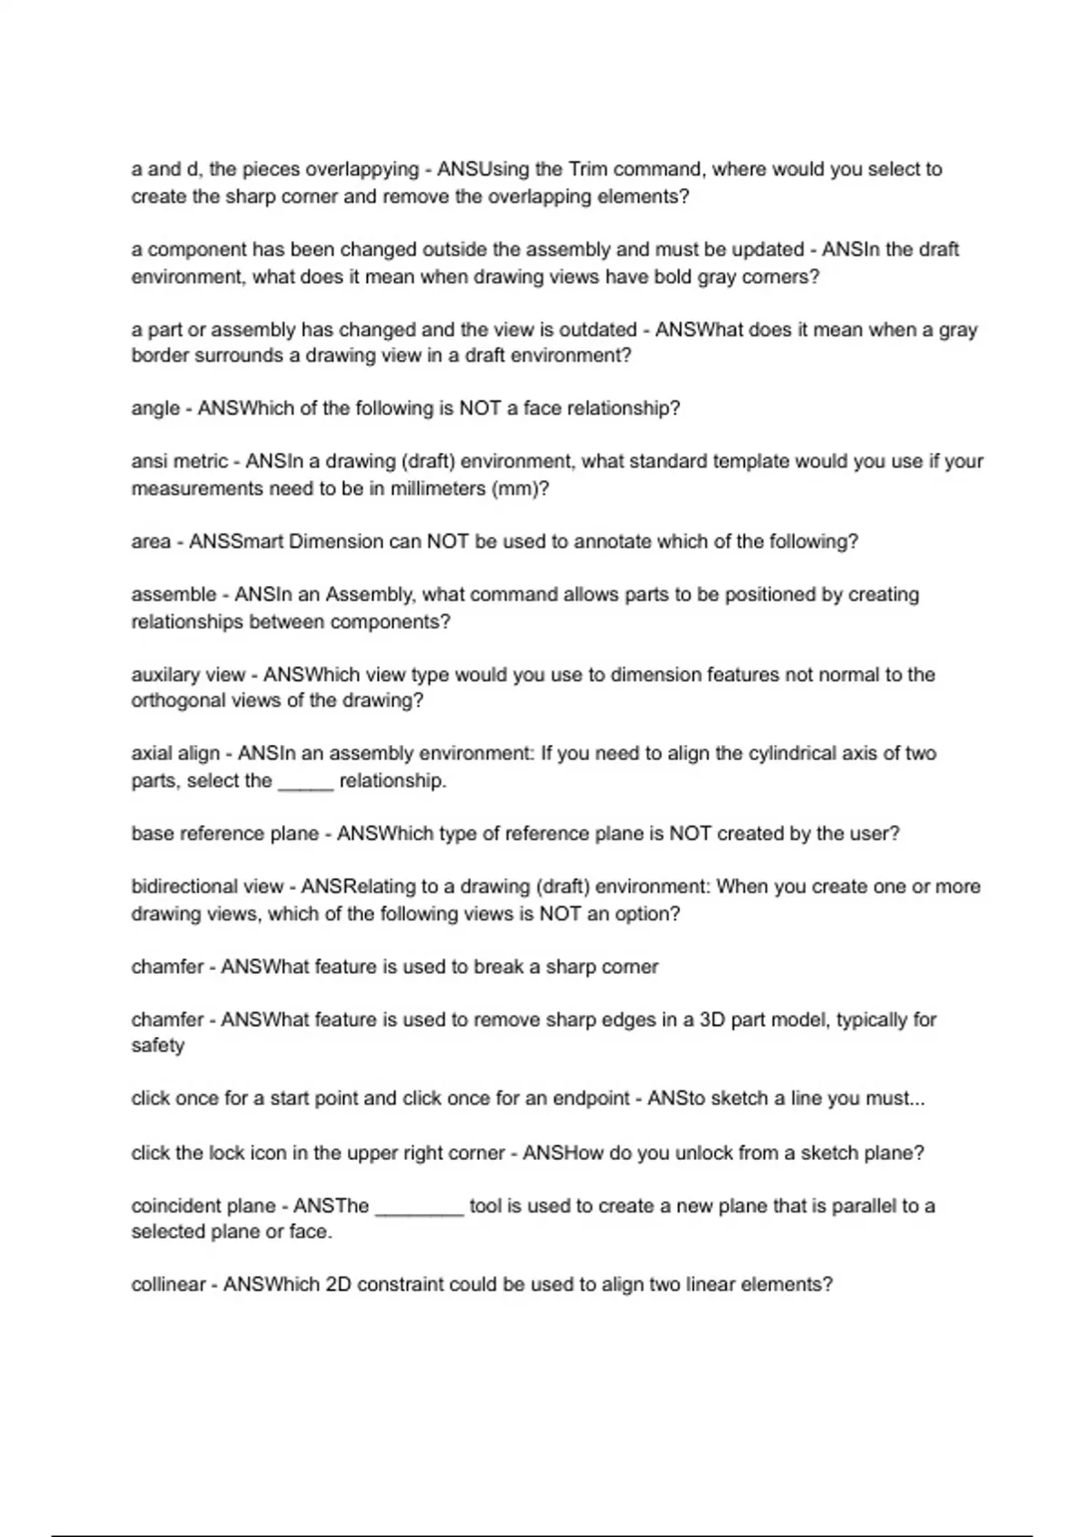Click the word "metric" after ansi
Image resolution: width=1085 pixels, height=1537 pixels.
[x=200, y=462]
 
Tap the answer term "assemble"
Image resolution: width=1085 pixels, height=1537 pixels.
[x=174, y=595]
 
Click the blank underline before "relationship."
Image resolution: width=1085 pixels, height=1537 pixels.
[x=306, y=785]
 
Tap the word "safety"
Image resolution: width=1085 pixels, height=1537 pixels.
[x=157, y=1046]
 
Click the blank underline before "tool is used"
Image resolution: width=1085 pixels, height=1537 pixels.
[x=420, y=1212]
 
